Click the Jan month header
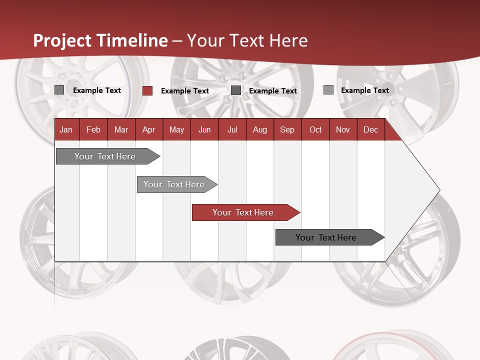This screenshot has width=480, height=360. click(66, 129)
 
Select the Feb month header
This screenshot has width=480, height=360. click(93, 129)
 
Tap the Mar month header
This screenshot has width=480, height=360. click(121, 129)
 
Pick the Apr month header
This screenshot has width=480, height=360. click(148, 129)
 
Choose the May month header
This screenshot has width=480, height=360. click(176, 129)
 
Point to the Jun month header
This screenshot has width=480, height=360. click(204, 129)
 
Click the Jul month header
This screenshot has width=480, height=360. click(232, 129)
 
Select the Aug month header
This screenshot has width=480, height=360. click(259, 129)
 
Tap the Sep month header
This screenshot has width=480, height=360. click(287, 129)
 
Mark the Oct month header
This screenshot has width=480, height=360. click(315, 129)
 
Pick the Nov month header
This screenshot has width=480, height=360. click(343, 129)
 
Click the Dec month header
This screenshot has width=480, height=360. click(370, 129)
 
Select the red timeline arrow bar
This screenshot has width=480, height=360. click(245, 212)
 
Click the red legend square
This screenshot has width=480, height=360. click(147, 90)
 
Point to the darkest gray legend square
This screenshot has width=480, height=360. click(236, 90)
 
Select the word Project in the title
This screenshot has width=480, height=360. click(62, 40)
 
